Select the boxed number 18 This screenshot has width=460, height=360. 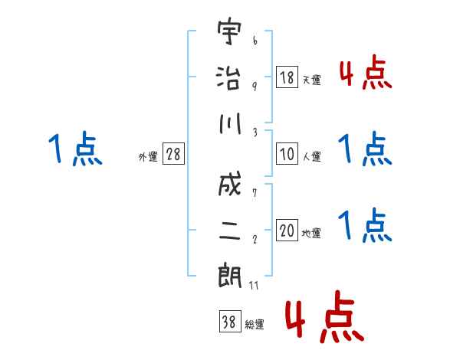(287, 77)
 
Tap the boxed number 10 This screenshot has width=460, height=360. (287, 154)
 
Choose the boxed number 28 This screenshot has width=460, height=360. (173, 154)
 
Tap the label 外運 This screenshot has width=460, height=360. (148, 156)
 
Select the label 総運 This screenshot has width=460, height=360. (255, 324)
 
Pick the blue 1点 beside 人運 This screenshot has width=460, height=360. (365, 149)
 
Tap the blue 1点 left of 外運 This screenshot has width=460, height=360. (75, 149)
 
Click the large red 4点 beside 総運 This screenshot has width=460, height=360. (323, 319)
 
